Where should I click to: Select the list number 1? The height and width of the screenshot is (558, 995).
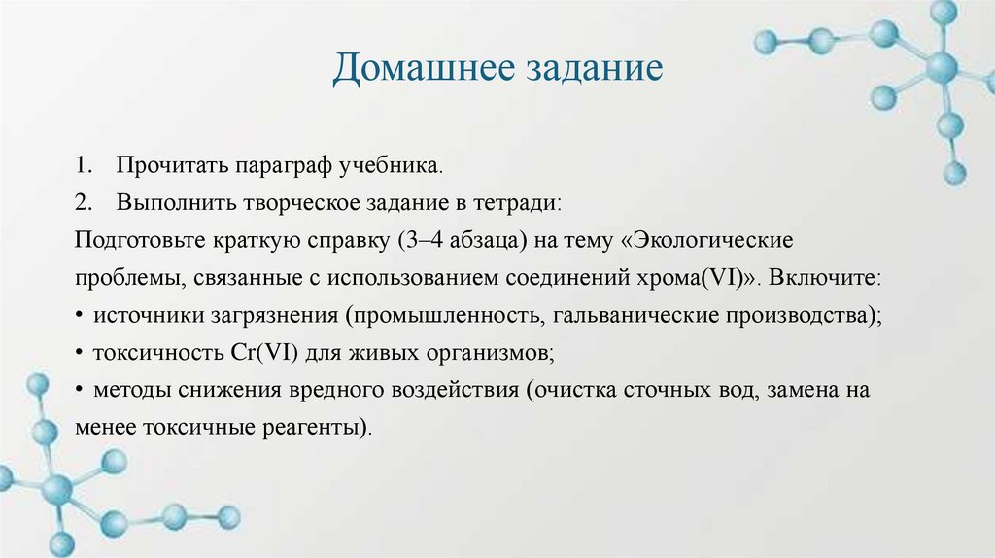81,166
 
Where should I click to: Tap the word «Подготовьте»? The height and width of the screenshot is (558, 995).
138,240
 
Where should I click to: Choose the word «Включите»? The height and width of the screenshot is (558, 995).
828,277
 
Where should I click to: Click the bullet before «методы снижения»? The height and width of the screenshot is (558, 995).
78,389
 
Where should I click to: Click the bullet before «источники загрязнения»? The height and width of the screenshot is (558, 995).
78,315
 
